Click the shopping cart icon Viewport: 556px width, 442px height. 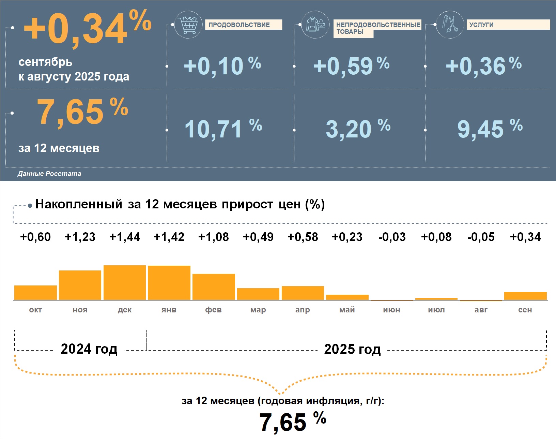pos(188,25)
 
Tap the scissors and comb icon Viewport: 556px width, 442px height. pos(450,25)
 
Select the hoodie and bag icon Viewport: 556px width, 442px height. pos(315,25)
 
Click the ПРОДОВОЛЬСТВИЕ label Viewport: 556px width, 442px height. pos(243,25)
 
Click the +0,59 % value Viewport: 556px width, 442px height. pos(351,65)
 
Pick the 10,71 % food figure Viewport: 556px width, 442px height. pos(223,129)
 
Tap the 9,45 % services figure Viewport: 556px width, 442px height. pos(490,129)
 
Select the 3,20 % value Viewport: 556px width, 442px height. pos(358,129)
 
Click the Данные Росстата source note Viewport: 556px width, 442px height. pos(49,174)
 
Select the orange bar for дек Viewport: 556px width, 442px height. pos(125,283)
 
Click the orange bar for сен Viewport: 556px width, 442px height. pos(525,296)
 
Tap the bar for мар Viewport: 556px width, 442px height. pos(258,294)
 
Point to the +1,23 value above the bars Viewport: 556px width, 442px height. pos(80,237)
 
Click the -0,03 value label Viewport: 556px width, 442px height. pos(392,237)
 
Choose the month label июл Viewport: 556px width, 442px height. pos(436,310)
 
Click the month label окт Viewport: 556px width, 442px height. pos(35,310)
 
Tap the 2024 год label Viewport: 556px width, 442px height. pos(89,349)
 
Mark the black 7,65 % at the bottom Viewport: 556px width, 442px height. pos(292,422)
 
